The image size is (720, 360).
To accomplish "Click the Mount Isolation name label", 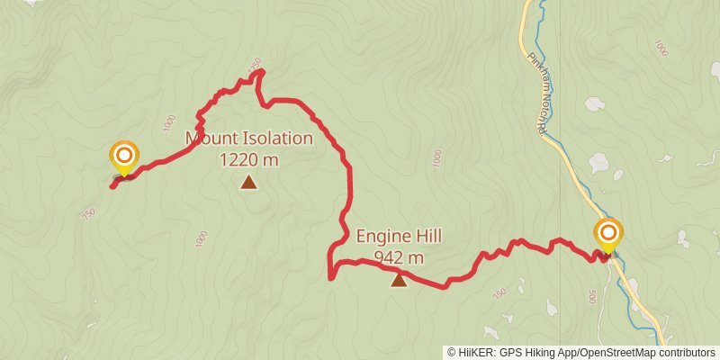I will click(249, 139).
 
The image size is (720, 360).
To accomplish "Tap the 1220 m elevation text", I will click(248, 160).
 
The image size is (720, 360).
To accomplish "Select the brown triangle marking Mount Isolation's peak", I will click(248, 184).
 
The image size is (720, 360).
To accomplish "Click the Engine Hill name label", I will click(399, 237).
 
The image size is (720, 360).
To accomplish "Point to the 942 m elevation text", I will click(399, 258).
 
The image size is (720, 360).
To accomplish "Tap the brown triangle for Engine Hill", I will click(399, 280).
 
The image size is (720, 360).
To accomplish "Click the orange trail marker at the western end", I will click(123, 157).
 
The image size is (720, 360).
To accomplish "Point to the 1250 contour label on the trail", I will click(255, 65).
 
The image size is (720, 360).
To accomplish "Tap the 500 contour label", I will click(592, 297).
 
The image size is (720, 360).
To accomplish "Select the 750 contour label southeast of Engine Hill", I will click(499, 295).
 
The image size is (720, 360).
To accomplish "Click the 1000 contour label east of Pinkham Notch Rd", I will click(663, 47).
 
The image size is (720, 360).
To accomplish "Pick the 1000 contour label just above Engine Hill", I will click(437, 157).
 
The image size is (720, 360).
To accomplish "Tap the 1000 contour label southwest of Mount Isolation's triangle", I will click(201, 239).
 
